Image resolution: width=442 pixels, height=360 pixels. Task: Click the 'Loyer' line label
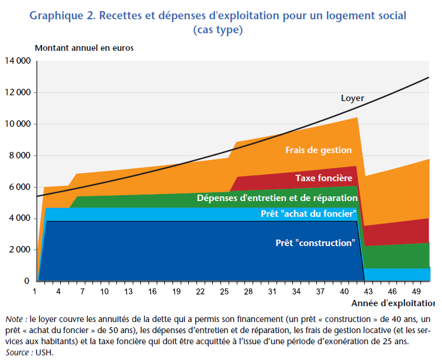[353, 98]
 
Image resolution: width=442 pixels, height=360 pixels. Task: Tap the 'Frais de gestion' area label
[319, 150]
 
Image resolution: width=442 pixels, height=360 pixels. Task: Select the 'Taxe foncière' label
[323, 178]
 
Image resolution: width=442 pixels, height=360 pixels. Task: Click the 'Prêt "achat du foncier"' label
[308, 214]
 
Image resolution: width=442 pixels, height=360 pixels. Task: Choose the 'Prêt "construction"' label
[315, 243]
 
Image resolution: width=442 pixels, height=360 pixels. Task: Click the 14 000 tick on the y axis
[18, 61]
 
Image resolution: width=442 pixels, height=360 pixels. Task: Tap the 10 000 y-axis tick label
[18, 124]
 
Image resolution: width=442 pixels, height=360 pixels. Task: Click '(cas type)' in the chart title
[217, 29]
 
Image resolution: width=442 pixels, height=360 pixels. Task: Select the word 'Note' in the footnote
[15, 319]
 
